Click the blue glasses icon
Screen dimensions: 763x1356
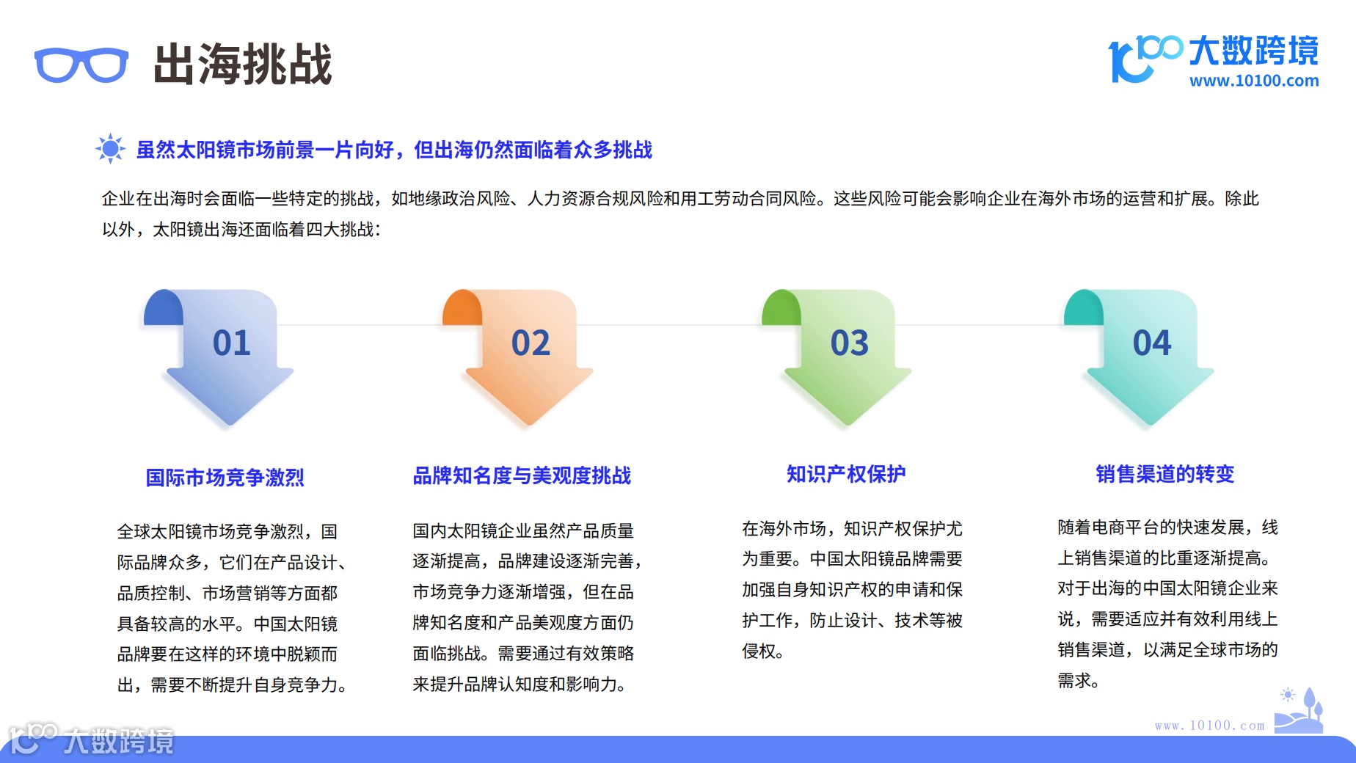click(81, 65)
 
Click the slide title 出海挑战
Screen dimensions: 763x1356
click(243, 64)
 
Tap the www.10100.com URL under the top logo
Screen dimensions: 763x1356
click(1253, 81)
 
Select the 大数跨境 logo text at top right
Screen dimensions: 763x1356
click(1253, 50)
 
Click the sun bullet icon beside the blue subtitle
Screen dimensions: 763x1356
click(111, 149)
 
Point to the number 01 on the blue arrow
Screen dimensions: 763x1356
click(231, 343)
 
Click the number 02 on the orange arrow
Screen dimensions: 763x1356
click(531, 343)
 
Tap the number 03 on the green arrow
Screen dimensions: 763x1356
click(849, 343)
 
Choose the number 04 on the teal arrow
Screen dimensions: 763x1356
click(1151, 343)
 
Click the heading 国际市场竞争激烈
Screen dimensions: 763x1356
click(225, 478)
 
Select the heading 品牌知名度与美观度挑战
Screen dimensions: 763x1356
click(522, 475)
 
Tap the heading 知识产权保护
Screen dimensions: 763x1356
click(846, 474)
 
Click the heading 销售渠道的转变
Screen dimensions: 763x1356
click(1164, 474)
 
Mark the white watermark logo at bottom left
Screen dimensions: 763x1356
click(91, 740)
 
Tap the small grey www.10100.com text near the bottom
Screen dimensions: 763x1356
click(1209, 726)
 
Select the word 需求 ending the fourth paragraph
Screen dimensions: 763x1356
click(1074, 681)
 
